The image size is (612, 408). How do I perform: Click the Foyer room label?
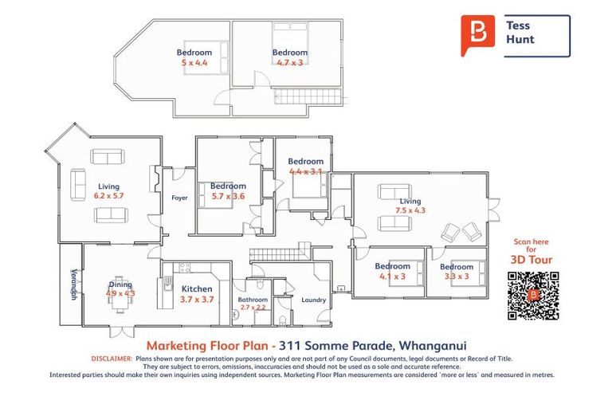point(179,198)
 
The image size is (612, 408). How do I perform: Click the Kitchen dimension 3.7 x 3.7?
point(197,299)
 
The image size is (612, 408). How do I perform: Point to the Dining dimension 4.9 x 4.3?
point(120,293)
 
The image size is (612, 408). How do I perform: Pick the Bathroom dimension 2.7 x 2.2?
point(252,307)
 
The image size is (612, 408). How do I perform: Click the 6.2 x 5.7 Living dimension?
point(109,195)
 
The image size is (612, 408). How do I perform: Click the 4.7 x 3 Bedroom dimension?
point(289,61)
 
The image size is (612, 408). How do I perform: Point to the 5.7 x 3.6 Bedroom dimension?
point(227,195)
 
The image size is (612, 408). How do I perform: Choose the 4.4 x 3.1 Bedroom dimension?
point(306,171)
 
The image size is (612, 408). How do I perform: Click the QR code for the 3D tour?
point(533,296)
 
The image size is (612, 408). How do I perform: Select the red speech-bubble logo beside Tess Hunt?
point(477,35)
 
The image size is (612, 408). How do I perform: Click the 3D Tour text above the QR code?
point(531,260)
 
